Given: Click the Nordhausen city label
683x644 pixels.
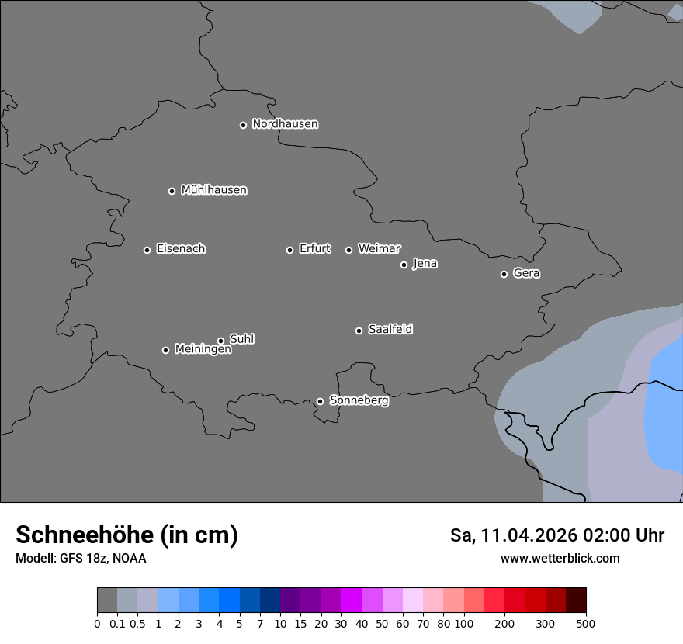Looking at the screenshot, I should coord(285,124).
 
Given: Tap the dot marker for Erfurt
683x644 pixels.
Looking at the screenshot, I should coord(289,250).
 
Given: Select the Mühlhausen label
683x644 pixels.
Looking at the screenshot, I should coord(213,190).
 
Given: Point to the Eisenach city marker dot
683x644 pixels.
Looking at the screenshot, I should coord(147,250).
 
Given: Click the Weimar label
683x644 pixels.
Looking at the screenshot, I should coord(379,249).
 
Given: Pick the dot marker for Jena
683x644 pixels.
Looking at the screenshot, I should coord(404,265).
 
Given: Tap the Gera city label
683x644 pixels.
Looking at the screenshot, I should coord(526,273).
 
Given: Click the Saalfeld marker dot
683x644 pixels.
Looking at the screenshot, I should coord(359,331).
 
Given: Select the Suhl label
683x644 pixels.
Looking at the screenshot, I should coord(241,339).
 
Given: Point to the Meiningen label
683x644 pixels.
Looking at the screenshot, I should coord(203,350).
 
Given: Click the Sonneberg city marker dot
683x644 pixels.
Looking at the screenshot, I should coord(320,401).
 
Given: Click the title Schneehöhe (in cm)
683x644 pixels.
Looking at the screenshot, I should coord(127,535).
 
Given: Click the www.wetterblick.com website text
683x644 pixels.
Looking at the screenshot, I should coord(560,558).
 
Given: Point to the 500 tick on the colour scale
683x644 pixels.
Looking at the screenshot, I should coord(586,623).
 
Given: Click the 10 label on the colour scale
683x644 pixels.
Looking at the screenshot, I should coord(279,623).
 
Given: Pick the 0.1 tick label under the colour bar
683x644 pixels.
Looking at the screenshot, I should coord(117,623).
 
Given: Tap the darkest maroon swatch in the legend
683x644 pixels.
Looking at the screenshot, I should coord(576,601).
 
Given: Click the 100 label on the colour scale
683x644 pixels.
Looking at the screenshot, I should coord(463,623).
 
